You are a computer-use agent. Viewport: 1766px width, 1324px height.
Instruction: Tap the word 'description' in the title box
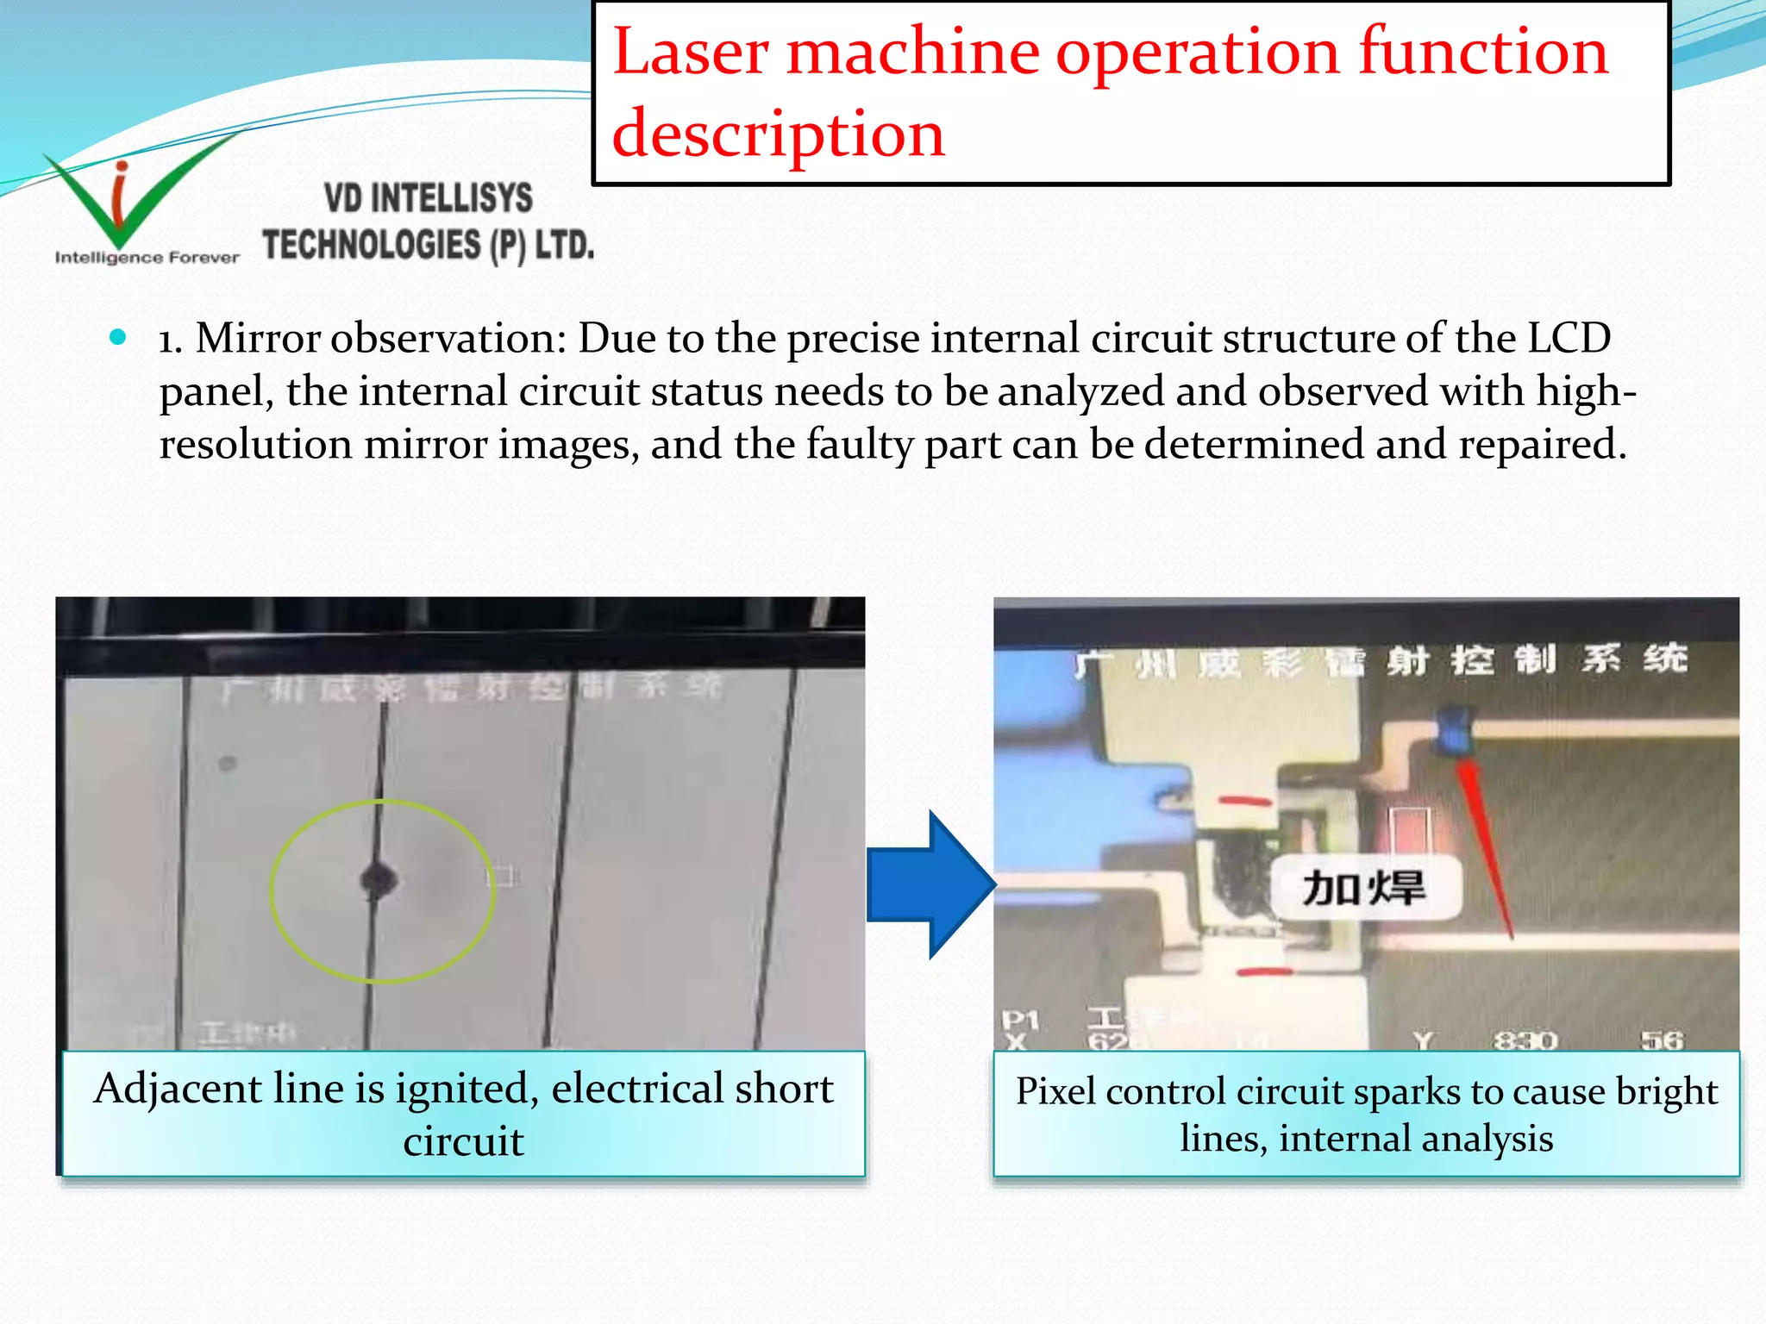(x=778, y=134)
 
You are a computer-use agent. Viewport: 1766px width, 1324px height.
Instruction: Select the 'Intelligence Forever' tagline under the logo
(x=147, y=258)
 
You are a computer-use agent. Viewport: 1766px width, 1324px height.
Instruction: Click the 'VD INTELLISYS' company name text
(x=429, y=198)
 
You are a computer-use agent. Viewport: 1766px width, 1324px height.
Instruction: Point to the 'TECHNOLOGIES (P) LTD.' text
(x=429, y=245)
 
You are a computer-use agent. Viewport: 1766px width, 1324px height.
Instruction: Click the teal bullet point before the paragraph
(x=119, y=337)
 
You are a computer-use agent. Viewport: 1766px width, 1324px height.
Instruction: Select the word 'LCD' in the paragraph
(x=1569, y=338)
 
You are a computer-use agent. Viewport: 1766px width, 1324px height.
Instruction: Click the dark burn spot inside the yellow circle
(x=378, y=879)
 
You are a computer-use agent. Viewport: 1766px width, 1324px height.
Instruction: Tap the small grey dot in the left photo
(x=228, y=763)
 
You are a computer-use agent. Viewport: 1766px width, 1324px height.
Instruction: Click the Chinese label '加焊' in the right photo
(x=1363, y=888)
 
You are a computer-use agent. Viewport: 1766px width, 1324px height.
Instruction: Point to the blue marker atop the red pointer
(x=1456, y=729)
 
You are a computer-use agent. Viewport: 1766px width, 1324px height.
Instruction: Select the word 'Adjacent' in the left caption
(x=178, y=1089)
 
